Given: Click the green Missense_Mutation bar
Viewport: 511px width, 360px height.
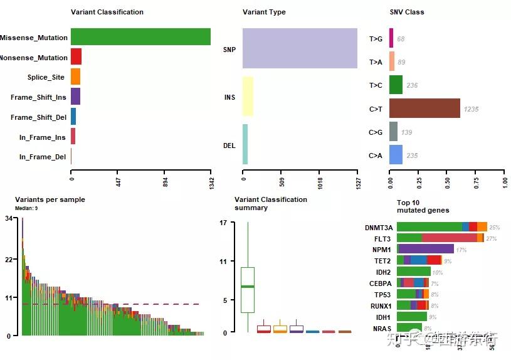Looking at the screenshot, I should (140, 37).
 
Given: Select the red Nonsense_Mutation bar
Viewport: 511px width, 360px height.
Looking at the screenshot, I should (76, 57).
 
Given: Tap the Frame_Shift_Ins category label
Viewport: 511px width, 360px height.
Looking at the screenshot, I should (38, 97).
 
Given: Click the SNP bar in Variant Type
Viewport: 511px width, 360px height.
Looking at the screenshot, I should (300, 48).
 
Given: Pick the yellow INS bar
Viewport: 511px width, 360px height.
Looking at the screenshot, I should (248, 97).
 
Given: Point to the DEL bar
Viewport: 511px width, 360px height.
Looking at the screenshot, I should (245, 144).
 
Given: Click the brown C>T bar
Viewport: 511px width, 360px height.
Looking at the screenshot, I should (424, 109).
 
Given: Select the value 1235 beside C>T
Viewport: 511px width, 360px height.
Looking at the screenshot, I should (471, 109).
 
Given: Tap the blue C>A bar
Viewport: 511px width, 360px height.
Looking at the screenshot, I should (396, 155).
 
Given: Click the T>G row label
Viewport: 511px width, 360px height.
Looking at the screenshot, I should (376, 39).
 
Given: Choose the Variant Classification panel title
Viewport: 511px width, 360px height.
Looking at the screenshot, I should (107, 12).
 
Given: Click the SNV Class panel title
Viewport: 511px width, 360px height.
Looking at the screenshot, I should (407, 12).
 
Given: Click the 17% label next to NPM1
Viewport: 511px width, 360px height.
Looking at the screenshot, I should (461, 250).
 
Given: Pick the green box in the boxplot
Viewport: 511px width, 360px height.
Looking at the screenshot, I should (248, 289).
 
